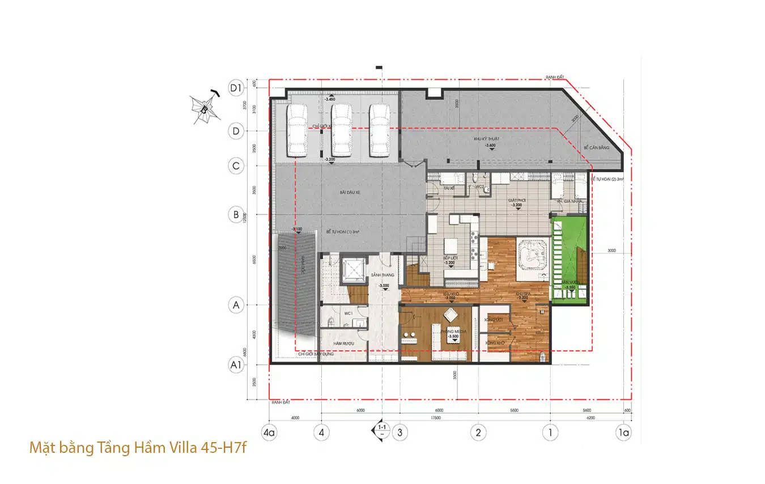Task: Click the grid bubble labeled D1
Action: point(236,88)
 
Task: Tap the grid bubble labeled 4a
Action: point(269,432)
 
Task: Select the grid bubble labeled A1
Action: point(236,365)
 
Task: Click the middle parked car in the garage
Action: point(341,130)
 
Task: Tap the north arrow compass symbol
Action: point(204,108)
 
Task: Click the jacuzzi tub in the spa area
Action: point(531,253)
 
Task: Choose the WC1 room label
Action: point(348,312)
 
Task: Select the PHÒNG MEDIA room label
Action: point(453,331)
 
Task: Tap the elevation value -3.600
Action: point(491,146)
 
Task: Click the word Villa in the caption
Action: point(181,448)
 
